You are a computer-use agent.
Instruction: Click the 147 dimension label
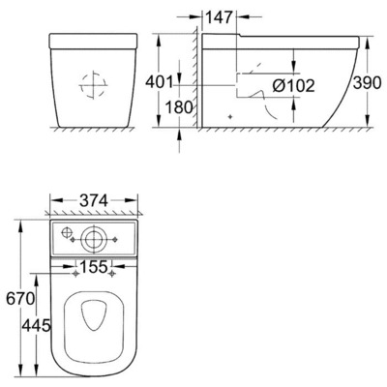(219, 17)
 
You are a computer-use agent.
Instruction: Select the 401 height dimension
(159, 82)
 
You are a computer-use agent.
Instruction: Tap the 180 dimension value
(179, 107)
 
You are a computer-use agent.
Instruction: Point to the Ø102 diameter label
(293, 86)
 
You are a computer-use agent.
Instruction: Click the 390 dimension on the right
(367, 83)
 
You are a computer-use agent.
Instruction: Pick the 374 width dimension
(94, 201)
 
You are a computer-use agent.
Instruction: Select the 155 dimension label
(94, 267)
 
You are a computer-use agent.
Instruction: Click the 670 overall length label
(20, 299)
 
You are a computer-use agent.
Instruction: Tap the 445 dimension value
(36, 325)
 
